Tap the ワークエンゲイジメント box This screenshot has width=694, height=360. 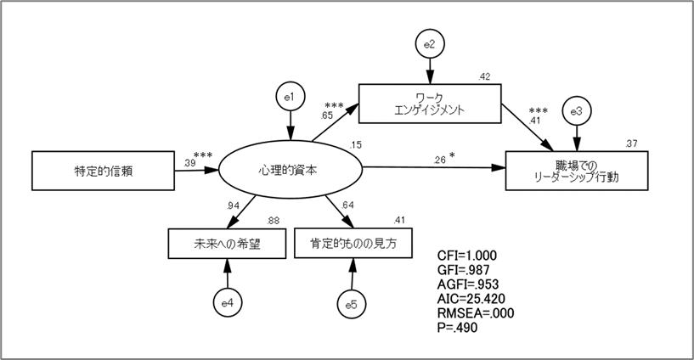coord(427,103)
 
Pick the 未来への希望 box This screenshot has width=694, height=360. coord(225,244)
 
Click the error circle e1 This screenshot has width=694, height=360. coord(291,99)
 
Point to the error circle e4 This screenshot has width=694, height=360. coord(227,301)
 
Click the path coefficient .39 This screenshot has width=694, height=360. coord(190,161)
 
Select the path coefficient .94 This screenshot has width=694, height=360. coord(233,205)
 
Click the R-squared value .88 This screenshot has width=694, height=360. coord(274,222)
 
